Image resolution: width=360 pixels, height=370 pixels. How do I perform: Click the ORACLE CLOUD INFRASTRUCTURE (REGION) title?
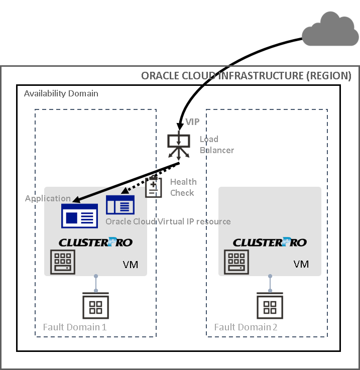pos(246,76)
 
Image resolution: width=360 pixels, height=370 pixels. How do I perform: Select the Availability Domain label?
pos(61,93)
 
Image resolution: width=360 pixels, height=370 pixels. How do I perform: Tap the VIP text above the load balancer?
pos(192,122)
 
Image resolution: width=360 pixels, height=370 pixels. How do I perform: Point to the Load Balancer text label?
pos(216,145)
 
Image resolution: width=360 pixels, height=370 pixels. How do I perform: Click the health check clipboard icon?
pos(153,187)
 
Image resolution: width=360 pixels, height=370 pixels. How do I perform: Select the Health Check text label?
pos(183,187)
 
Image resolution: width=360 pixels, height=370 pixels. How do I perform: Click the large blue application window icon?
pos(79,216)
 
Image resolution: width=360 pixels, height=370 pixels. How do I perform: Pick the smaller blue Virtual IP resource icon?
pos(120,205)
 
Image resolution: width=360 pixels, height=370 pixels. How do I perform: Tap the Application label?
pos(48,198)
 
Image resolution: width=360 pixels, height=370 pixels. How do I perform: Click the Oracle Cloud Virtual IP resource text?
pos(168,221)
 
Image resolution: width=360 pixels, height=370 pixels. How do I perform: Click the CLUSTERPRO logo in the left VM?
pos(95,242)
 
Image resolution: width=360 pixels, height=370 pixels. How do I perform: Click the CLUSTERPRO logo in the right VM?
pos(270,242)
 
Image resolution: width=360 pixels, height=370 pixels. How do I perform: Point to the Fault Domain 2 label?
pos(246,327)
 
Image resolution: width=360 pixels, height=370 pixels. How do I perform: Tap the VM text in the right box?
pos(301,264)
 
